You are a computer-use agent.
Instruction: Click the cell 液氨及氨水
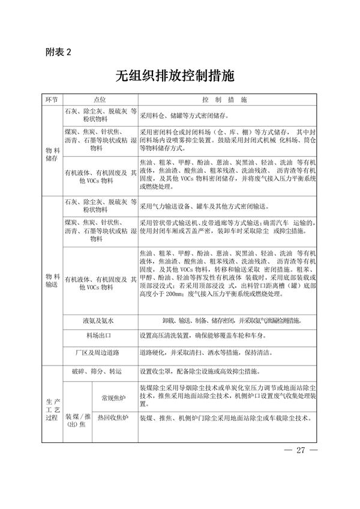pos(98,321)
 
